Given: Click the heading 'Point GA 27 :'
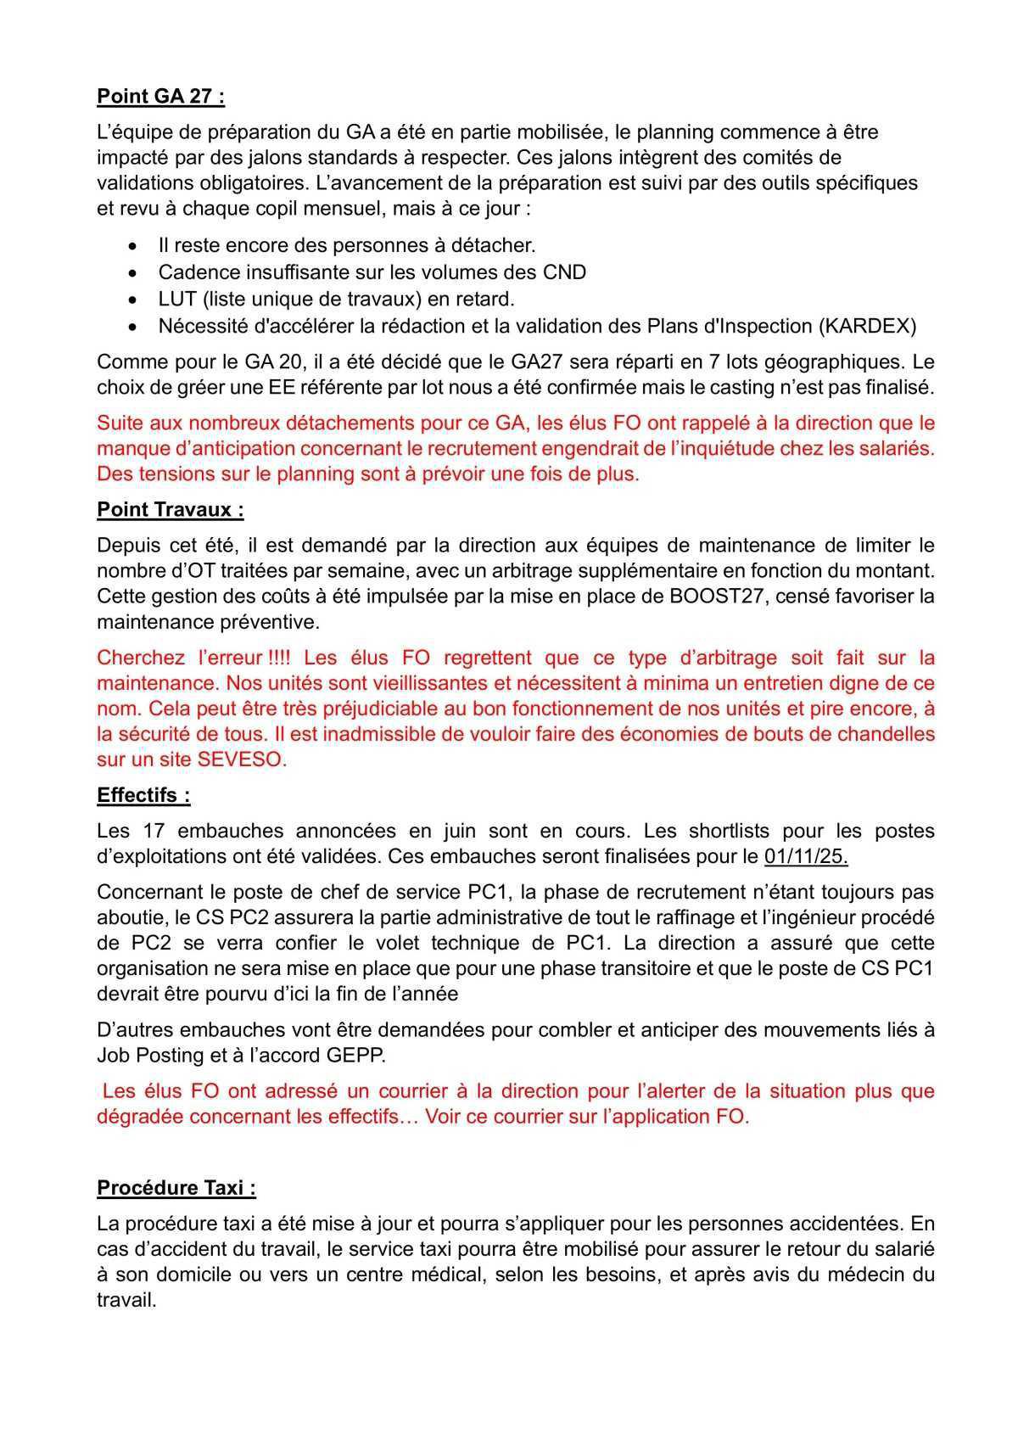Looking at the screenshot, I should point(161,96).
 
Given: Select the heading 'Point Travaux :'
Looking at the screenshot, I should point(171,509).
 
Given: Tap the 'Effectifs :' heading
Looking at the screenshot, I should point(143,795).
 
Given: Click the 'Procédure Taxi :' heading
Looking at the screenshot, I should point(176,1187).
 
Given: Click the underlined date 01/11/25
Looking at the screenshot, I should point(806,856).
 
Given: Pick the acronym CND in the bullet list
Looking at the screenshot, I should point(564,272).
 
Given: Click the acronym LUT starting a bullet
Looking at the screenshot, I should point(175,299).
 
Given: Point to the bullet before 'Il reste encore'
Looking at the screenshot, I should point(131,246).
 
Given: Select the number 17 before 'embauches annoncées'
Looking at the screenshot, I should point(156,831).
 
